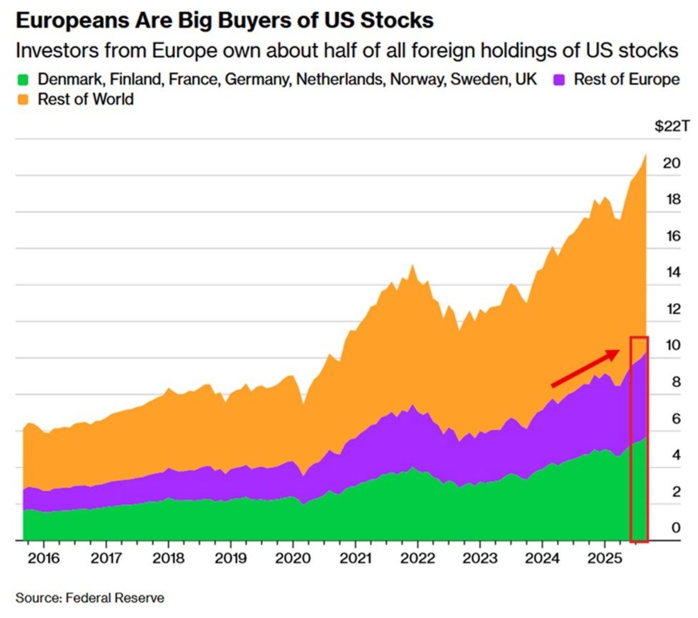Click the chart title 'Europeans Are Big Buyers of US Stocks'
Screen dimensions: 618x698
pos(224,20)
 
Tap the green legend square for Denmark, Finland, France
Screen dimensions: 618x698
pos(23,80)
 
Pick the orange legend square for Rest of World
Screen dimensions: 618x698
pos(23,100)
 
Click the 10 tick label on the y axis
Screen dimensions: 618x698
pos(673,345)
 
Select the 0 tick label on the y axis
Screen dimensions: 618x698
pos(676,528)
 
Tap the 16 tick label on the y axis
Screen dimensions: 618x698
pos(673,236)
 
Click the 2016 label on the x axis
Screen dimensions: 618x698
pos(43,558)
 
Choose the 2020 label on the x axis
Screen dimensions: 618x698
pos(293,558)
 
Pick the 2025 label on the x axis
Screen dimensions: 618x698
pos(604,558)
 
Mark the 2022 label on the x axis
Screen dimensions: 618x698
pos(417,558)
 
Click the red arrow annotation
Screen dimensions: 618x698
pos(585,368)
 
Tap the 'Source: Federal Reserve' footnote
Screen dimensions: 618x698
pos(90,598)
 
